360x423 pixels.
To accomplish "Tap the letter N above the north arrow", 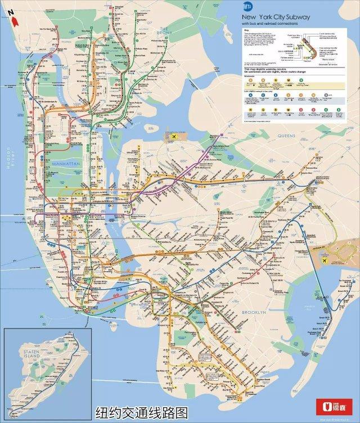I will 11,11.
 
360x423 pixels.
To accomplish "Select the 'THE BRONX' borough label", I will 164,30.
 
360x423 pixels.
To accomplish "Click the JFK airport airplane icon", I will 325,259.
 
